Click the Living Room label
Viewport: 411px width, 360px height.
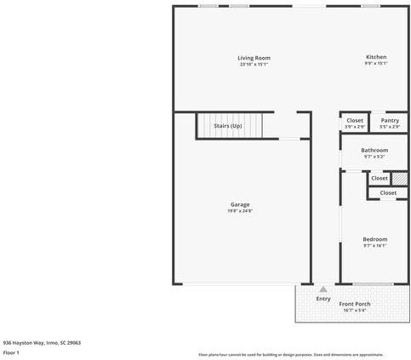click(254, 58)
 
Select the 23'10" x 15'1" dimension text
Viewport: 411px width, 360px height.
click(254, 64)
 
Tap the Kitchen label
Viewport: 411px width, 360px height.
click(376, 58)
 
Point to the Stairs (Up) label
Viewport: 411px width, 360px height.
click(227, 126)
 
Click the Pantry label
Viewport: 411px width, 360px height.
click(390, 121)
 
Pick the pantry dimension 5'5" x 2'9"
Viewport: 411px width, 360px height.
click(390, 127)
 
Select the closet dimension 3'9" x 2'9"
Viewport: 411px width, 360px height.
click(355, 127)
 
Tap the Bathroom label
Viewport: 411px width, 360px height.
click(374, 151)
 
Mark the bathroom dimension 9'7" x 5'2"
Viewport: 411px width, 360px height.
click(374, 157)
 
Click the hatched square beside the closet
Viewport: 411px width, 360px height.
click(400, 179)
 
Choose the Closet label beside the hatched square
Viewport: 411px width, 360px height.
click(380, 179)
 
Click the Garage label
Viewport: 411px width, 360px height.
click(240, 204)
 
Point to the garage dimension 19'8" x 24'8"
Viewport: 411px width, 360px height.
click(240, 210)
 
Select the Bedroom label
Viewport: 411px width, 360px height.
click(375, 240)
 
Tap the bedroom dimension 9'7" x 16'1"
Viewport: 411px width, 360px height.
click(375, 246)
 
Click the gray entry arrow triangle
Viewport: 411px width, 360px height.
click(323, 289)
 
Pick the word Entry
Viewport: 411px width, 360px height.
click(323, 299)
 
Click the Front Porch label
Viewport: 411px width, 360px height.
click(355, 304)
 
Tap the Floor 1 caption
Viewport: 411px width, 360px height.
click(11, 352)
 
